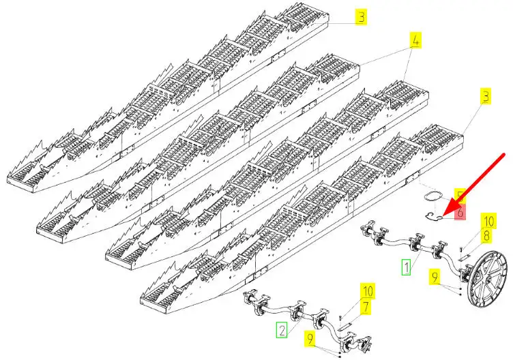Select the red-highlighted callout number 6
click(460, 213)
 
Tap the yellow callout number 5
click(460, 198)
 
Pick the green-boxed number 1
click(406, 266)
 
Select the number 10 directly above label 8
click(488, 221)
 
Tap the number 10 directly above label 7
click(366, 291)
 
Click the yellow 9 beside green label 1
click(435, 277)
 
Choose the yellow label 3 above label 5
click(485, 97)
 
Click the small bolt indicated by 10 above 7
click(340, 314)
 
